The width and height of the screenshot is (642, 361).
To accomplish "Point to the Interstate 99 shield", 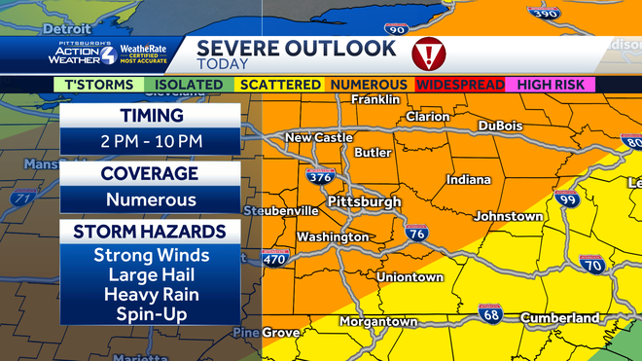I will click(x=567, y=199).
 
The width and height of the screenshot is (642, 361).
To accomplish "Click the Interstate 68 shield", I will click(x=490, y=315).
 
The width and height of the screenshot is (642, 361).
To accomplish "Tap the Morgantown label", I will click(x=378, y=322).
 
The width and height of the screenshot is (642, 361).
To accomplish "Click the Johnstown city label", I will click(x=508, y=216).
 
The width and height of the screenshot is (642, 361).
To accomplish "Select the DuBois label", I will click(x=501, y=126).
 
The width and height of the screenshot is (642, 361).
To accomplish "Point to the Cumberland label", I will click(x=559, y=318).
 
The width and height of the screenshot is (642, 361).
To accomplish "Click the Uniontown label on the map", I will click(x=410, y=277).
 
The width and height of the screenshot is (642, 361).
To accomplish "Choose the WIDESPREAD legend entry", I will click(x=460, y=86).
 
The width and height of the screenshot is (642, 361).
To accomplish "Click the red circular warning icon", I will click(x=428, y=53).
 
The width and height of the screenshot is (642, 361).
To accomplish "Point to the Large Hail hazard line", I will click(x=151, y=275).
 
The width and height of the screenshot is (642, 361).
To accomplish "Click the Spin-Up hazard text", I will click(x=151, y=314).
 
